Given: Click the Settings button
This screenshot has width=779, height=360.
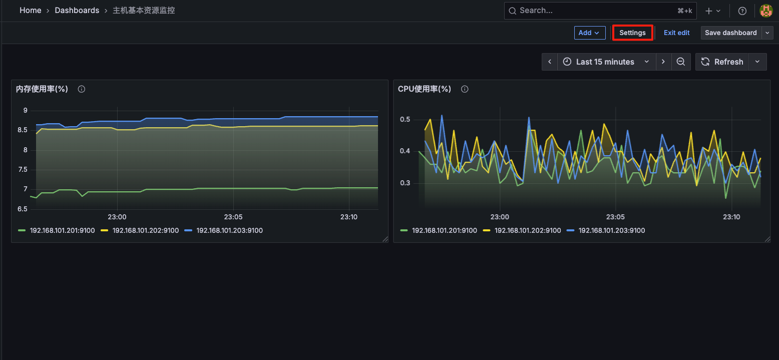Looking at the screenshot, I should click(632, 33).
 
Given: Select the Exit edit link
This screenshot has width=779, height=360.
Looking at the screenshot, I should click(676, 33).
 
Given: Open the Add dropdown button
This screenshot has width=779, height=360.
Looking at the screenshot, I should click(589, 33).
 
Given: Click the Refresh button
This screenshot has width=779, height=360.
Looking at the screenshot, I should click(722, 62).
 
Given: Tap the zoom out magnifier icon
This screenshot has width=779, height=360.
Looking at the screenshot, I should click(680, 62).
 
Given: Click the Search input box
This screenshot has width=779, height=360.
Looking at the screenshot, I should click(591, 11).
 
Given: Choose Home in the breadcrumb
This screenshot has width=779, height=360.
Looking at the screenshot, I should click(31, 11).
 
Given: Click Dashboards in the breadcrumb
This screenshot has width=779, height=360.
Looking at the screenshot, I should click(77, 11).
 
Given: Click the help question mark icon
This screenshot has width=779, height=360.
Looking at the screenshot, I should click(742, 11).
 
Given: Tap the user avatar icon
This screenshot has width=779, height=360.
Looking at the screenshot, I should click(766, 11).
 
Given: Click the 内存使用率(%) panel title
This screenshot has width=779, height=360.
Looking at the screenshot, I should click(42, 89).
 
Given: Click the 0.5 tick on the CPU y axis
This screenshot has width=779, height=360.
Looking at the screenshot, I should click(405, 120).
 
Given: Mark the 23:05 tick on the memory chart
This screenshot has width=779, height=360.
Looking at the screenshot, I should click(233, 217).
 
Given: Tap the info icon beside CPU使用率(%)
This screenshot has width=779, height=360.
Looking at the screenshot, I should click(465, 89).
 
